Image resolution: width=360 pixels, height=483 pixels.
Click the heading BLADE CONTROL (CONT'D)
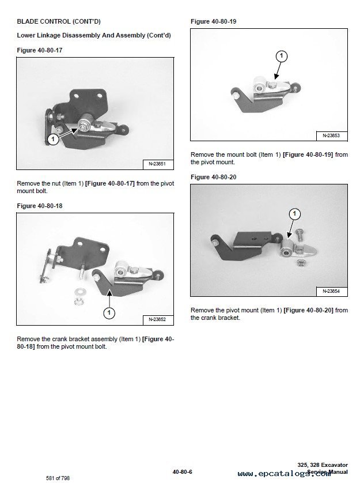[59, 21]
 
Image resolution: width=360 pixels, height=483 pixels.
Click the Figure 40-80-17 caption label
[39, 50]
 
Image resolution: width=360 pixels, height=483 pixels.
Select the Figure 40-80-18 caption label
[39, 206]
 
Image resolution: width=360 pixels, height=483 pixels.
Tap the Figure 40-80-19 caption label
[214, 21]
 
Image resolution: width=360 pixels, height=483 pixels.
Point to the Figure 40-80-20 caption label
[214, 177]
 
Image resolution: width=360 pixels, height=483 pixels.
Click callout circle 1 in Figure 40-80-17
[53, 139]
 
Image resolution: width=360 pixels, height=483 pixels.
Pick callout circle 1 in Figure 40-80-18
[109, 313]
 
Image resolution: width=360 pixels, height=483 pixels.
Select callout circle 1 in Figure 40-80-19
[281, 56]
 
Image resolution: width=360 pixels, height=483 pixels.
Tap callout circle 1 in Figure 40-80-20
[295, 213]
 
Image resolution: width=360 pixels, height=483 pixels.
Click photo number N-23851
[157, 164]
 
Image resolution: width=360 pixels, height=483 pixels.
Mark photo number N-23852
[157, 319]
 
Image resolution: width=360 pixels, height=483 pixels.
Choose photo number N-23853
[331, 135]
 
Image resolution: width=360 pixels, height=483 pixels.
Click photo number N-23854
[331, 291]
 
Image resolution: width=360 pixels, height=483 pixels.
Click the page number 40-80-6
[183, 472]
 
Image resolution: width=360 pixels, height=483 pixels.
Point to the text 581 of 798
[58, 478]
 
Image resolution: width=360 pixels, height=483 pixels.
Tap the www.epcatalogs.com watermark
[284, 474]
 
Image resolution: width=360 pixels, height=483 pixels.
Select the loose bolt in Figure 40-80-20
[300, 235]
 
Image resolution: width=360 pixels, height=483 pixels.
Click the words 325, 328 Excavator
[323, 465]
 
